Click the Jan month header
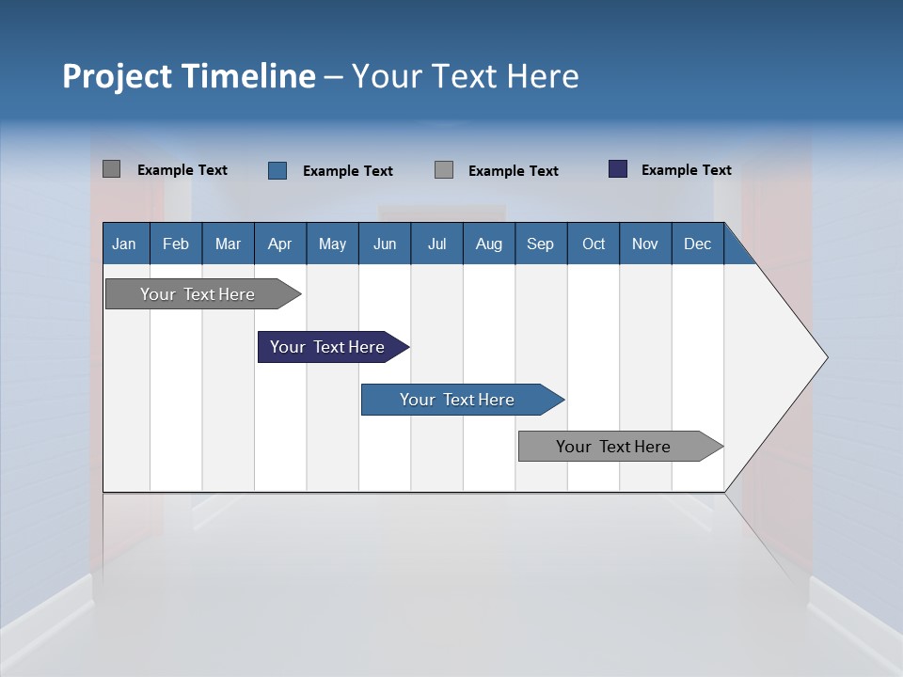(124, 244)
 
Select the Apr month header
(279, 244)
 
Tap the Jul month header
(436, 244)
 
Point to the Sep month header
(540, 244)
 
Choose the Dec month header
(697, 244)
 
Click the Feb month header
(176, 244)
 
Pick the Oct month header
(594, 244)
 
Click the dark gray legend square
(112, 169)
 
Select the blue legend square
(277, 170)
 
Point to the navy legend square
(618, 169)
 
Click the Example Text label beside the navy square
(686, 170)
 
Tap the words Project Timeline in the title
(188, 76)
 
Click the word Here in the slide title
(543, 76)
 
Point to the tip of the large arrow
(825, 357)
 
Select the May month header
(332, 244)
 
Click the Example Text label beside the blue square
(347, 171)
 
